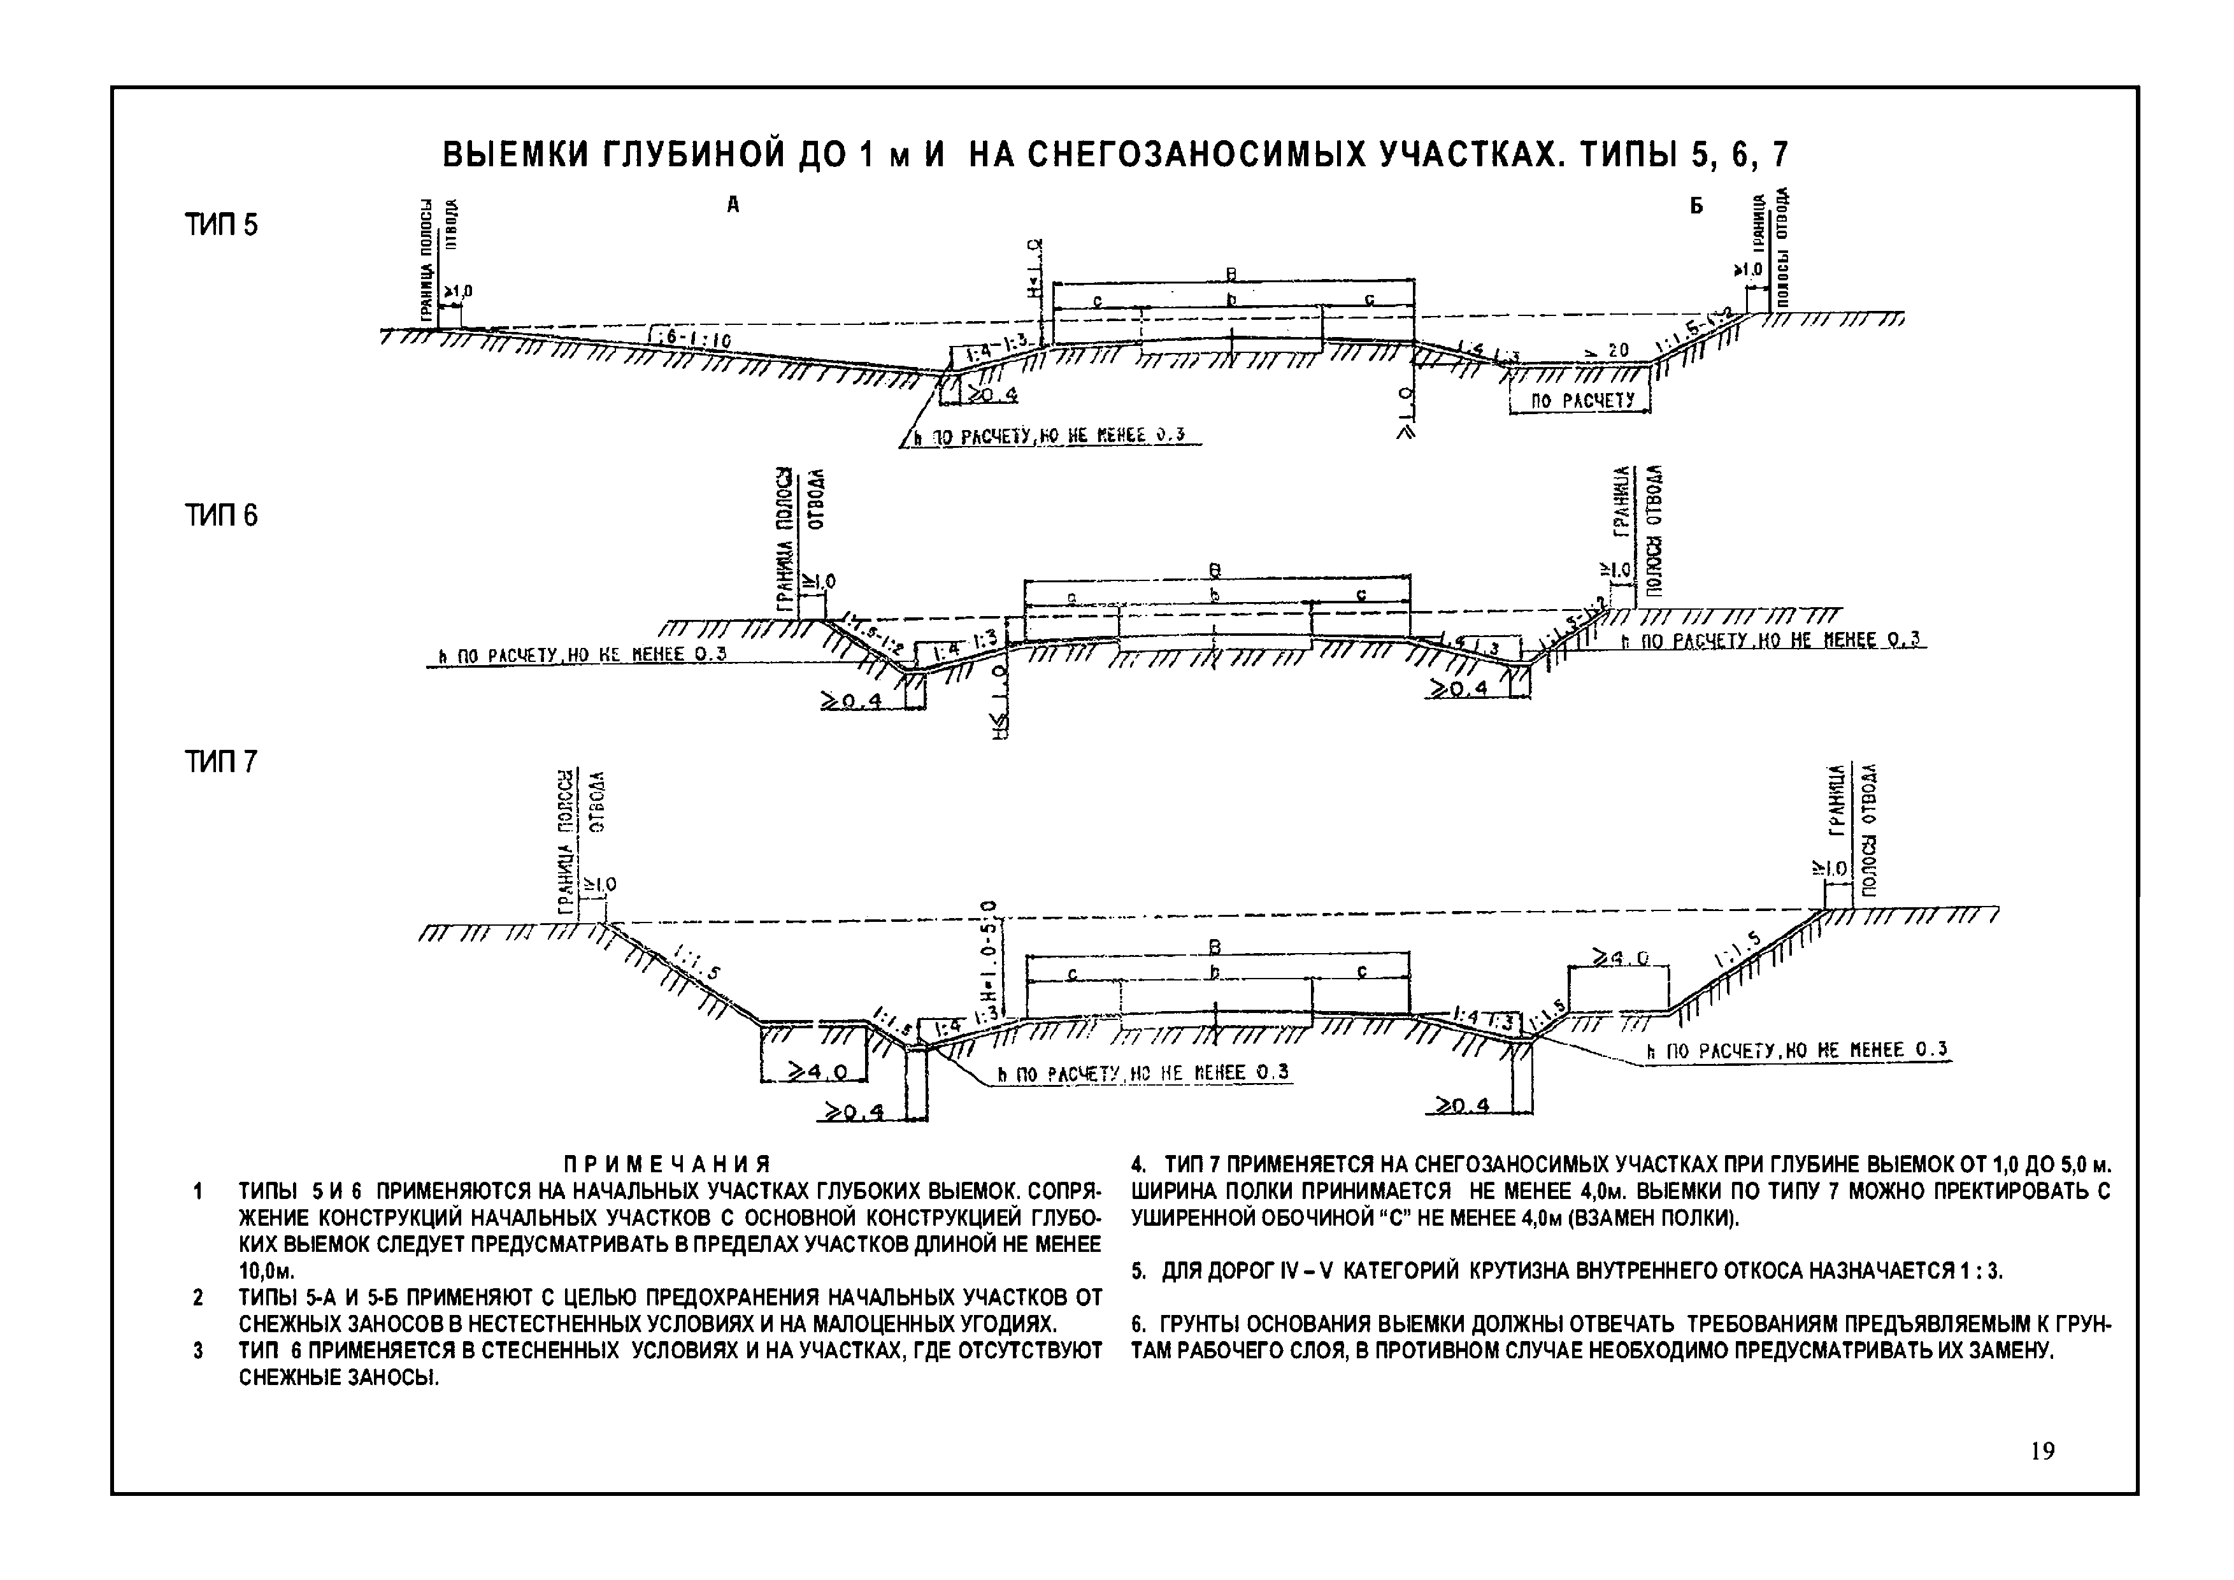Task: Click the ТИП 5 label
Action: click(222, 226)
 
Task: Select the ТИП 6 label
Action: click(222, 515)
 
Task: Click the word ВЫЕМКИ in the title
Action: click(517, 155)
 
